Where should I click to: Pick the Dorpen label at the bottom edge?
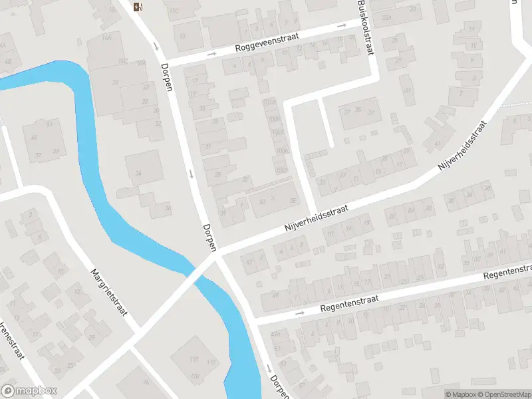point(278,386)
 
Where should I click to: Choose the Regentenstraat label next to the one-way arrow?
point(349,304)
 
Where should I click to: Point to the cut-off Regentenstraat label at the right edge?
point(508,271)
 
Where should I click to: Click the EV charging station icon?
point(138,7)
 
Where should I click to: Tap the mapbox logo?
point(29,390)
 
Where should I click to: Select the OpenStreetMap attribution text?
point(503,394)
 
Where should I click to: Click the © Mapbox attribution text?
point(460,394)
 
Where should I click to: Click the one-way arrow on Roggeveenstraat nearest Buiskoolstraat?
point(342,26)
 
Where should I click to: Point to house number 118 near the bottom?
point(194,360)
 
